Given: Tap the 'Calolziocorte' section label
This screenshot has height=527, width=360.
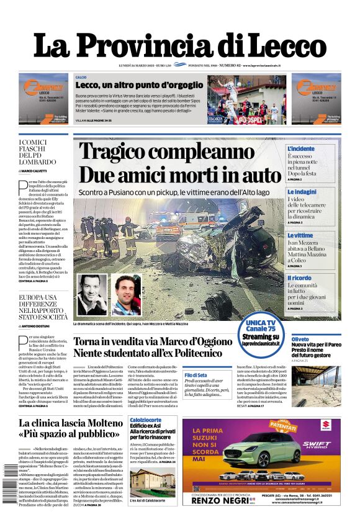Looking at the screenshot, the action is coord(146,420).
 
